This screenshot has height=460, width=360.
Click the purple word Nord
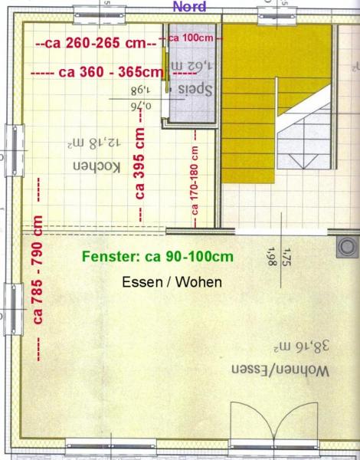coord(189,6)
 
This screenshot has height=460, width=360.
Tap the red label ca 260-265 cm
coord(96,44)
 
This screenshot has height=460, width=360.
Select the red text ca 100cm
coord(191,38)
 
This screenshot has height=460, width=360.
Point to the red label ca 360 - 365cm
coord(111,72)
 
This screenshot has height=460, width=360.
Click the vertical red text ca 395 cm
coord(140,163)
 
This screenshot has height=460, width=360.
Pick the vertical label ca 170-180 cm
coord(195,180)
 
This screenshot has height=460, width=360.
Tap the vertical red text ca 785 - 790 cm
coord(38,270)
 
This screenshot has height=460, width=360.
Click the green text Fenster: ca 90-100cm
coord(158,257)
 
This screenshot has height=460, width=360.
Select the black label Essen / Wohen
coord(172,282)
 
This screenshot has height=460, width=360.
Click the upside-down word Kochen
coord(97,166)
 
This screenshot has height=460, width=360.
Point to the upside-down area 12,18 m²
coord(93,143)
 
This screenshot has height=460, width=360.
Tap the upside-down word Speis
coord(195,90)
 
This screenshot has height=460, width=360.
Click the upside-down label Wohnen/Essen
coord(280,370)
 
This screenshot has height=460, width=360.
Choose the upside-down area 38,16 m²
coord(301,347)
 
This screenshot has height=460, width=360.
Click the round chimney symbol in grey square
coord(348,247)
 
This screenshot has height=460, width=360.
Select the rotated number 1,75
coord(286,258)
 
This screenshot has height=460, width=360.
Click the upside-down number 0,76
coord(141,106)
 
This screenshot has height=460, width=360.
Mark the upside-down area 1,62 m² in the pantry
coord(191,66)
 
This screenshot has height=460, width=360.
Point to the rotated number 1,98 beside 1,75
coord(272,256)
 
